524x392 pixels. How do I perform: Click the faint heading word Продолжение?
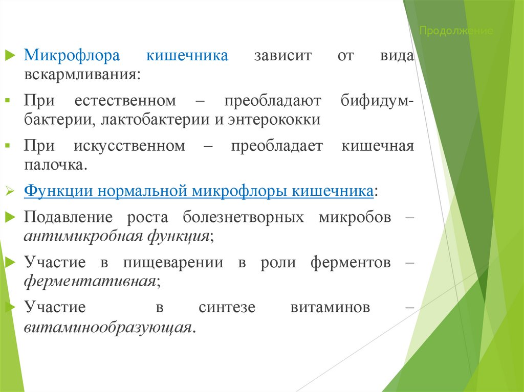click(x=456, y=32)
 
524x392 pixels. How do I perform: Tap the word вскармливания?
click(x=80, y=74)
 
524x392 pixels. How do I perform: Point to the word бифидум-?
click(x=378, y=101)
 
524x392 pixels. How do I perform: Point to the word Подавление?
click(x=68, y=217)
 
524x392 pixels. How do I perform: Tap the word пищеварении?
click(x=173, y=263)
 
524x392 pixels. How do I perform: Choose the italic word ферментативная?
click(x=90, y=282)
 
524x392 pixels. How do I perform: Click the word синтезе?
click(x=224, y=308)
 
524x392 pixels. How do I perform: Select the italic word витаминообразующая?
click(x=107, y=327)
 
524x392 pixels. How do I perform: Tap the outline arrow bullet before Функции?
click(x=10, y=192)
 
